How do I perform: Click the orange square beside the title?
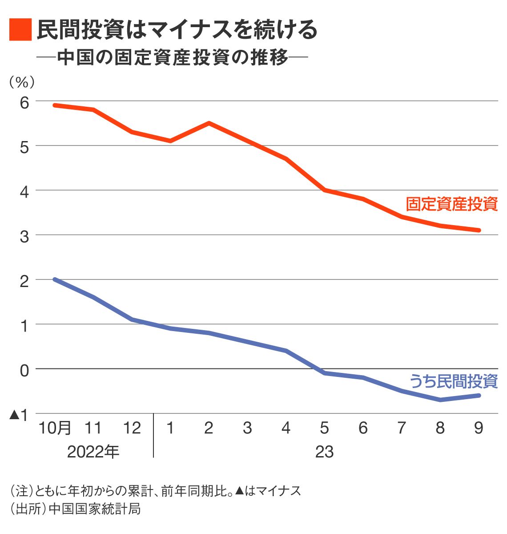tap(20, 30)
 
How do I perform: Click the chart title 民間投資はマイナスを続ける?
tap(177, 30)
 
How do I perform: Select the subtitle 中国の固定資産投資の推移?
tap(173, 58)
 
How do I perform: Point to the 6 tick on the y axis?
tap(24, 102)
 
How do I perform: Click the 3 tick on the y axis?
tap(24, 236)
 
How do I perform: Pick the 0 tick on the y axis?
tap(24, 370)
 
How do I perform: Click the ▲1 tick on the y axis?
tap(20, 415)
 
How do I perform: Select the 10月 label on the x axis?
tap(55, 428)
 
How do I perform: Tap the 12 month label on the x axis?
tap(132, 428)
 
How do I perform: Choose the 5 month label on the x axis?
tap(325, 428)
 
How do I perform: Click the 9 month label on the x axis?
tap(479, 428)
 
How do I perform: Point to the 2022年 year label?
tap(93, 452)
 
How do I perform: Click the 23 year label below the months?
tap(324, 452)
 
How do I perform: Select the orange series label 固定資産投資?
tap(451, 204)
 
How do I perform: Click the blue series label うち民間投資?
tap(453, 381)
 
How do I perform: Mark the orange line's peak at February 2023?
tap(209, 123)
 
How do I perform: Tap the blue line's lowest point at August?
tap(440, 400)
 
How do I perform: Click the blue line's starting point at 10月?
tap(55, 279)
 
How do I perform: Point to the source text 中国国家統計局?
tap(95, 508)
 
